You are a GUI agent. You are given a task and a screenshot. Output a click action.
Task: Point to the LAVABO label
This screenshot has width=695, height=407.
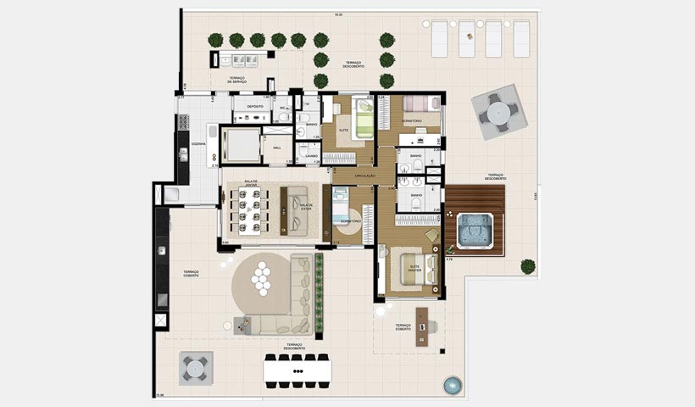click(x=311, y=156)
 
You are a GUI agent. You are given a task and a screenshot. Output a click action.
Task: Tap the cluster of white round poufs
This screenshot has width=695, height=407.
click(x=263, y=276)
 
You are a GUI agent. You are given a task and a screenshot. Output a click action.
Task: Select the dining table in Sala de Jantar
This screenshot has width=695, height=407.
click(x=250, y=209)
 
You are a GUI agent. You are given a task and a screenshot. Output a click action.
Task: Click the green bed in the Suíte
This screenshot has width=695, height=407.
click(x=364, y=120)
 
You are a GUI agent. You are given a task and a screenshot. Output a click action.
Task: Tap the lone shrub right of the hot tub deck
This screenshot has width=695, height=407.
click(x=528, y=266)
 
